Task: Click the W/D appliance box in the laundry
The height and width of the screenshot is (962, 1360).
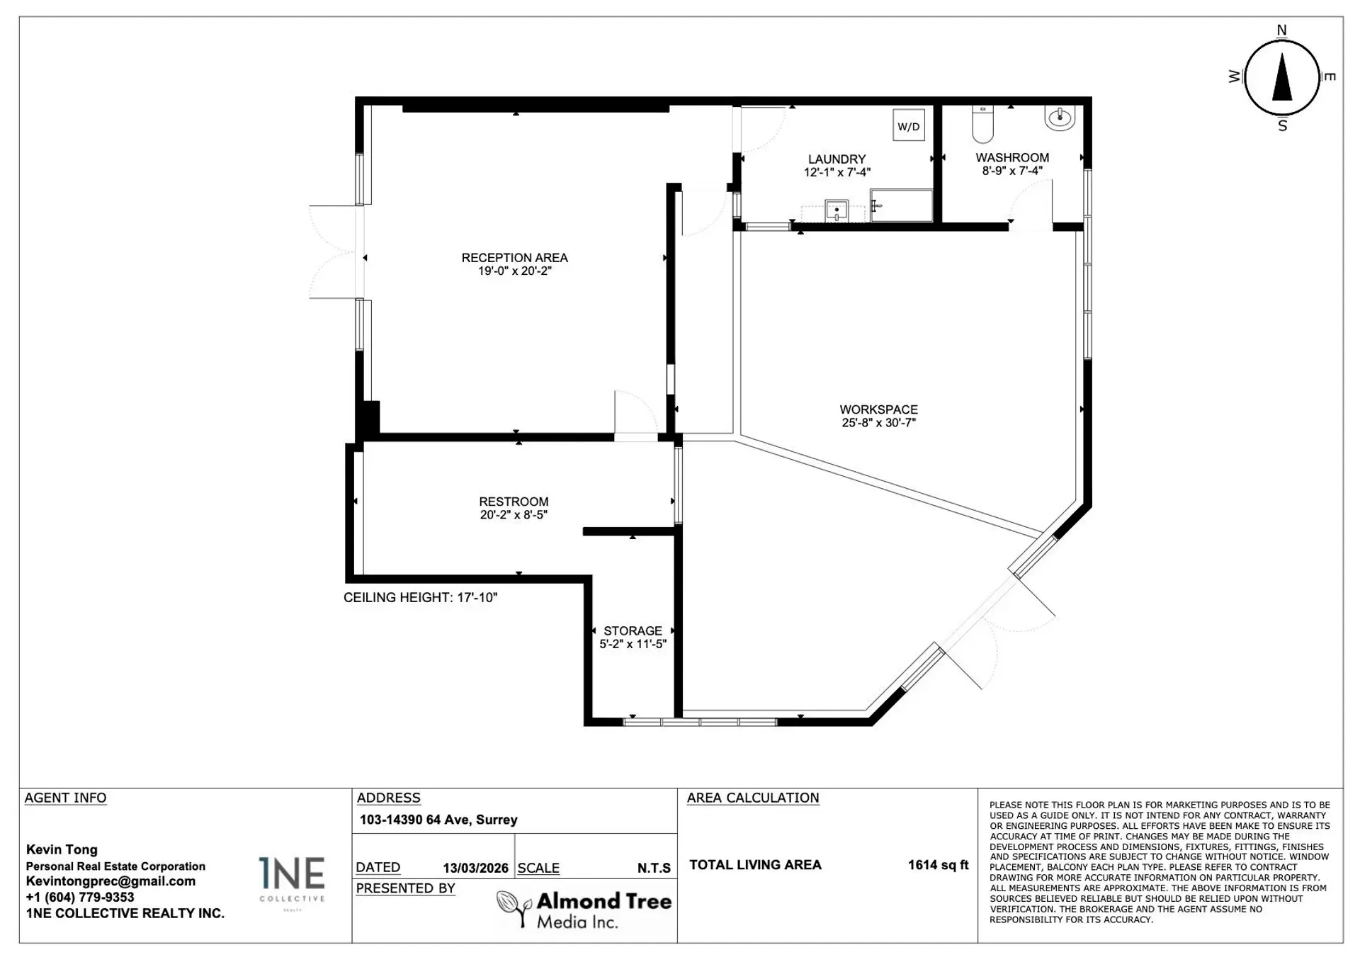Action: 908,126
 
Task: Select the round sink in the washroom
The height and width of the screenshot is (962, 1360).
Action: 1060,118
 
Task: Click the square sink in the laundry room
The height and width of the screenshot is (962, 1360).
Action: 837,210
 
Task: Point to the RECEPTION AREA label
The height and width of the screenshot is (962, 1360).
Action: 514,258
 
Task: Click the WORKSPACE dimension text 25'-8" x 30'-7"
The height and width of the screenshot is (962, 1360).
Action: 878,423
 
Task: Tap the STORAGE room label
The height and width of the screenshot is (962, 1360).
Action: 633,630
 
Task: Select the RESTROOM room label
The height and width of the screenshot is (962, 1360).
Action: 514,502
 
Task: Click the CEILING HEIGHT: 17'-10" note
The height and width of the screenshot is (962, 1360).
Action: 420,597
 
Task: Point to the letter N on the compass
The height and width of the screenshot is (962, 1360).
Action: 1281,30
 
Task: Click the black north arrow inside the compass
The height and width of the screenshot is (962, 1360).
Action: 1282,78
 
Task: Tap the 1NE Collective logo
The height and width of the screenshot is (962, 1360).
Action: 291,879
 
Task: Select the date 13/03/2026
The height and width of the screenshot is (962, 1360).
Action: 475,868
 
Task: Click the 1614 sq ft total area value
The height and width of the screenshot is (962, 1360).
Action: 938,865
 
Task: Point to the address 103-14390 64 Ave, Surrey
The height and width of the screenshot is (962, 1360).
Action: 438,820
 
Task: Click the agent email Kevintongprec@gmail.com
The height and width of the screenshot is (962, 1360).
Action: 110,881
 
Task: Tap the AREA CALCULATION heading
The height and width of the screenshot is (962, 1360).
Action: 752,798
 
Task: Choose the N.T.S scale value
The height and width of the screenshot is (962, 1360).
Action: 653,868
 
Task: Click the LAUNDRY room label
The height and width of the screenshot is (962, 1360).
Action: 837,159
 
